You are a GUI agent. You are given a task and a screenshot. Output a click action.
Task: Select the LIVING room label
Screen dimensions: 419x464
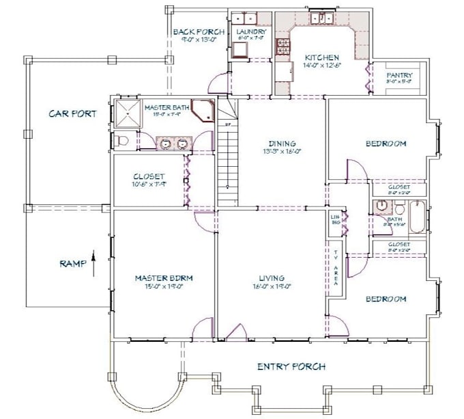271,278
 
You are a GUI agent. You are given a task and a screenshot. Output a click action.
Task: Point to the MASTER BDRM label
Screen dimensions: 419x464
164,278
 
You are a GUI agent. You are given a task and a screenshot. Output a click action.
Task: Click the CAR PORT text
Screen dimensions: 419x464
72,113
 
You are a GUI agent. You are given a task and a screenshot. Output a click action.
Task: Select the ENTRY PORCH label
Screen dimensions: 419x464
291,366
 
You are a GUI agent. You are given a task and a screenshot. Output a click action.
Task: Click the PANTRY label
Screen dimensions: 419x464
398,75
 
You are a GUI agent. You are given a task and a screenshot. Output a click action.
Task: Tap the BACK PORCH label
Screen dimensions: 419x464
194,31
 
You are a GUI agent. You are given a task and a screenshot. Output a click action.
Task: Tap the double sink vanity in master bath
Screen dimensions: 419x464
174,143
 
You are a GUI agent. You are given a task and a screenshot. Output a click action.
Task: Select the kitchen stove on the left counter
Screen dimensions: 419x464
281,47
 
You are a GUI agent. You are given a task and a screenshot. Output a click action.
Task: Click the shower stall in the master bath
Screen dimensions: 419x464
126,113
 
